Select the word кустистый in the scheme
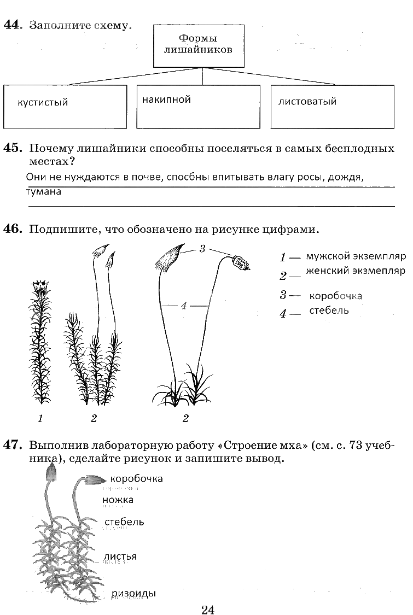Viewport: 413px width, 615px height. (43, 102)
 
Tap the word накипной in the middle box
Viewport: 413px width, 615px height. (166, 99)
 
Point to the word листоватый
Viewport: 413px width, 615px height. (307, 101)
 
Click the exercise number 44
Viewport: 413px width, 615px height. (12, 25)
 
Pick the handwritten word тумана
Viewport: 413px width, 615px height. (44, 192)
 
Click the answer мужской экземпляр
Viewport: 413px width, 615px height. (354, 256)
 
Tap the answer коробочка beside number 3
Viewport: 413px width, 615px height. (335, 296)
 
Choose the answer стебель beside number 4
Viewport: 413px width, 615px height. (329, 311)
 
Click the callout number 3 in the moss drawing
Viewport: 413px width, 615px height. (202, 249)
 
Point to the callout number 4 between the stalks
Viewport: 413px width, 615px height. (184, 306)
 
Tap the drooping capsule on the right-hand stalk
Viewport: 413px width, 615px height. (241, 264)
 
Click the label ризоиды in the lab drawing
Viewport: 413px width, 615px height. (134, 594)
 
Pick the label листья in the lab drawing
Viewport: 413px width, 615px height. (120, 557)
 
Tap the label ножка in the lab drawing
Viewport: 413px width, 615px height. (118, 500)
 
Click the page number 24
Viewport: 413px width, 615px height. (207, 610)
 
